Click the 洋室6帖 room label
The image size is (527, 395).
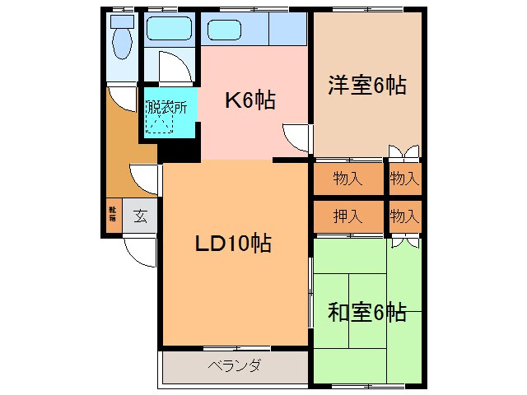pyautogui.click(x=368, y=86)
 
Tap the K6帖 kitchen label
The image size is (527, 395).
pyautogui.click(x=250, y=100)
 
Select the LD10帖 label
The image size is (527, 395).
pyautogui.click(x=232, y=244)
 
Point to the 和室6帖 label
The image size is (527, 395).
pyautogui.click(x=367, y=313)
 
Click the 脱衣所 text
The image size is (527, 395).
pyautogui.click(x=167, y=107)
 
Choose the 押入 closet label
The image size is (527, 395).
pyautogui.click(x=347, y=217)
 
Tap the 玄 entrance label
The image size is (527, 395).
pyautogui.click(x=140, y=217)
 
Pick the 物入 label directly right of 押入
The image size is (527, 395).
pyautogui.click(x=404, y=217)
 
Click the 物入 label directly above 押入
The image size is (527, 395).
pyautogui.click(x=347, y=178)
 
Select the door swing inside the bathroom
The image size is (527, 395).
pyautogui.click(x=175, y=67)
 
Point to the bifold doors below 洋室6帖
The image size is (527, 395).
pyautogui.click(x=403, y=153)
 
